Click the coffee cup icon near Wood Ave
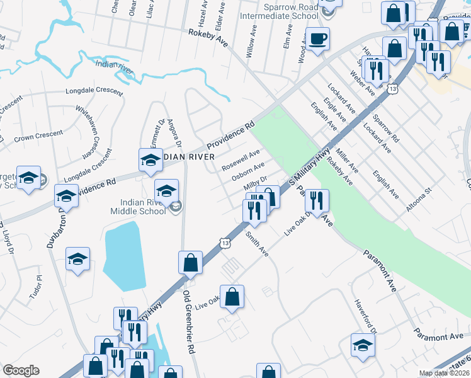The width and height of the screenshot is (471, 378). [x=317, y=39]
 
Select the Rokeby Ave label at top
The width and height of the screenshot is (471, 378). [x=208, y=37]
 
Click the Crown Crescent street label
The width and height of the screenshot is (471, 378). [x=38, y=134]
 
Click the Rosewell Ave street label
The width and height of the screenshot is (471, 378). [x=241, y=161]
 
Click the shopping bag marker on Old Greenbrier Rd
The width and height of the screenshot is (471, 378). [x=190, y=263]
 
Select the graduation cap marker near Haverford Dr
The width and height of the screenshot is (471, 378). [x=363, y=346]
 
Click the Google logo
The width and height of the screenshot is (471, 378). [x=21, y=370]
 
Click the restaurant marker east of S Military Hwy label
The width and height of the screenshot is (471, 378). [x=317, y=201]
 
